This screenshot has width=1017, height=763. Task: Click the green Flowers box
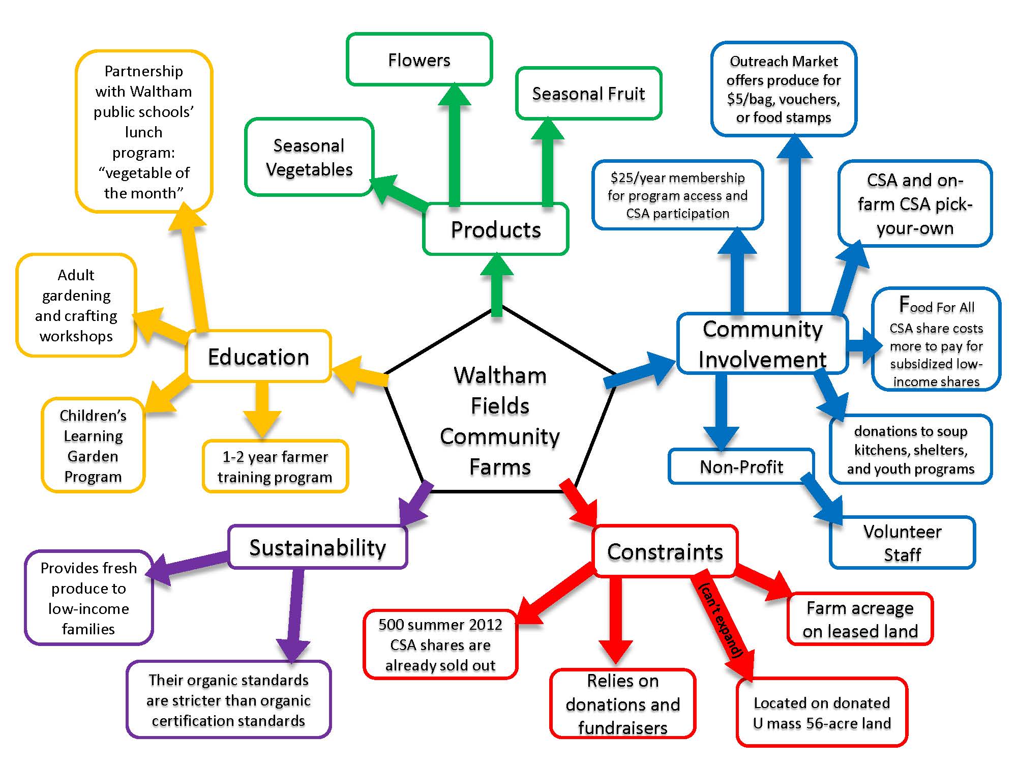tap(419, 60)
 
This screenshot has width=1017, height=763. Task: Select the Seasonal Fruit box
tap(588, 94)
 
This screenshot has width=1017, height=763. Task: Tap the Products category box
tap(496, 229)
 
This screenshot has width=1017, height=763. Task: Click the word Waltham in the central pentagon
tap(500, 375)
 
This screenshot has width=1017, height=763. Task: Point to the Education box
tap(259, 357)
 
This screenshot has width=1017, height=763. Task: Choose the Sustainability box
tap(317, 547)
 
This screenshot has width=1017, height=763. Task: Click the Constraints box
tap(665, 551)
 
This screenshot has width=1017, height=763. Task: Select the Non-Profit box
tap(741, 466)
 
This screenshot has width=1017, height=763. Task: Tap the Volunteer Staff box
tap(902, 543)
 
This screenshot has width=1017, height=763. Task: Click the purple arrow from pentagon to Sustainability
tap(416, 504)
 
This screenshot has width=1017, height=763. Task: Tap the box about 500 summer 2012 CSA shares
tap(440, 644)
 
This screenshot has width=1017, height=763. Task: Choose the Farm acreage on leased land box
tap(860, 619)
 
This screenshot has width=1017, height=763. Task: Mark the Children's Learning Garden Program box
tap(93, 446)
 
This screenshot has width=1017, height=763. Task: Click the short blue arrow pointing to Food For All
tap(864, 345)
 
